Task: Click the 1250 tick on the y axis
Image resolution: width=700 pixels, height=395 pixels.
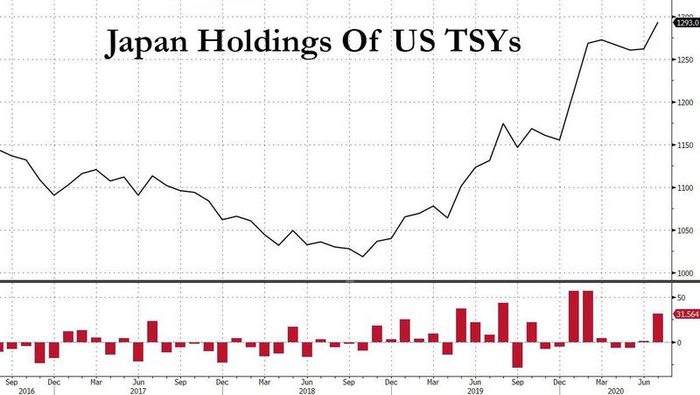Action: click(684, 59)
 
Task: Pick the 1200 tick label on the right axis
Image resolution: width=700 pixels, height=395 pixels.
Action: click(684, 102)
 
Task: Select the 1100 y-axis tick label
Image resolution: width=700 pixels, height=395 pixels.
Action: click(684, 188)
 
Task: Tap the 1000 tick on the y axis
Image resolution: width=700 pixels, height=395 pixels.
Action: click(684, 273)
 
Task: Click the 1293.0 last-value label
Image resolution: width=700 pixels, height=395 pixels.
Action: click(685, 24)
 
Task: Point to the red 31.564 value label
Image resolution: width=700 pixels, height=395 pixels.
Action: click(685, 314)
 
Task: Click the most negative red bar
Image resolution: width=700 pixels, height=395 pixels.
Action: click(517, 355)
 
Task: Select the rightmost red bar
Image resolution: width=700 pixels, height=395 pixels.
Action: click(658, 328)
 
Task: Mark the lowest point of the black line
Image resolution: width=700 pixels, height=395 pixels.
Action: click(362, 257)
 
